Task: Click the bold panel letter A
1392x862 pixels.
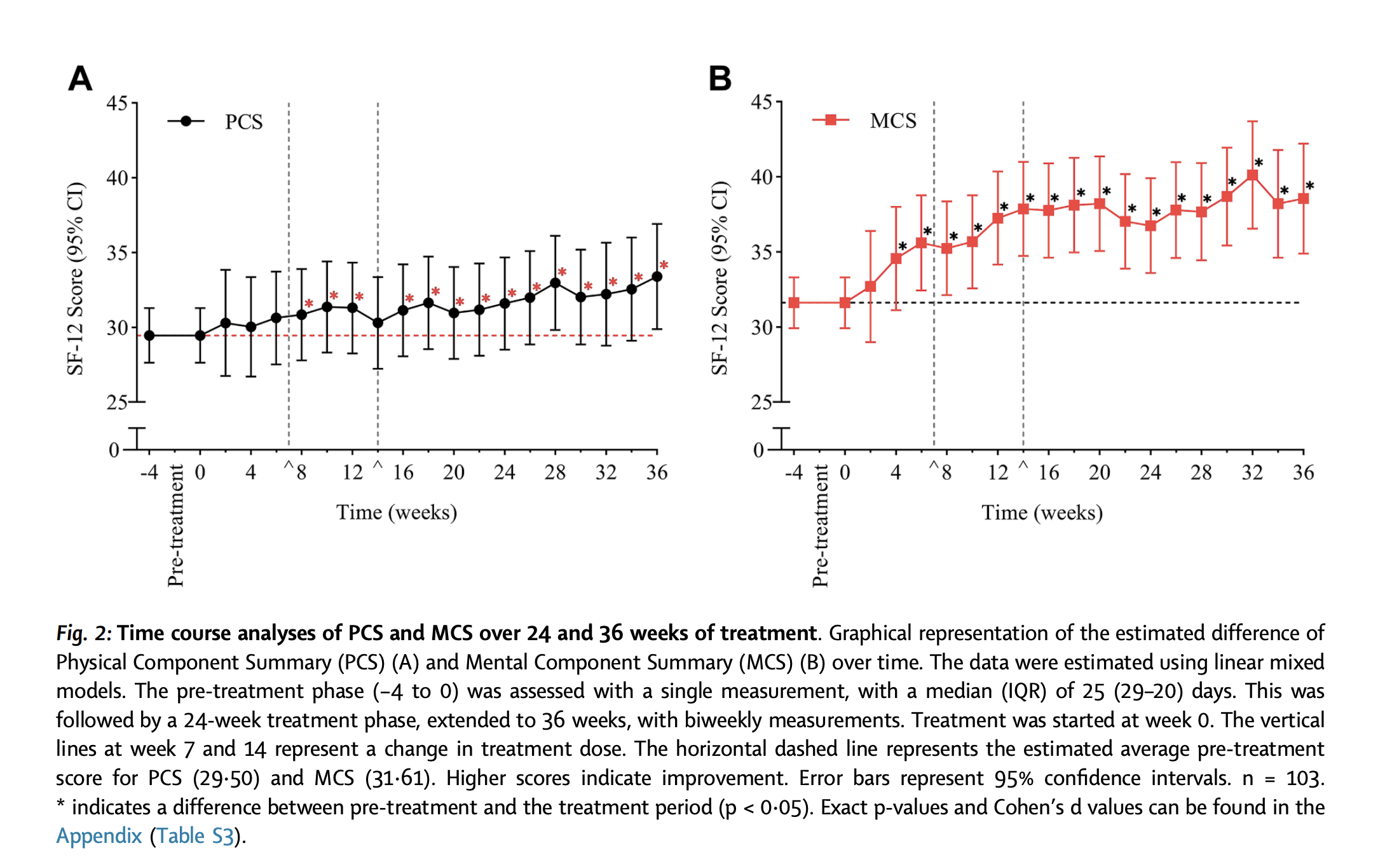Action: [80, 79]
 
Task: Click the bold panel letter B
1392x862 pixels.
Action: [720, 79]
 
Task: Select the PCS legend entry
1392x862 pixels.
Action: [216, 121]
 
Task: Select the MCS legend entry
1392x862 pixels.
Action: [864, 120]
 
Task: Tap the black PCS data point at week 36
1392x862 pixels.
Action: [657, 277]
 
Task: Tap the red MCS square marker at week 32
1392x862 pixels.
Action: [1252, 175]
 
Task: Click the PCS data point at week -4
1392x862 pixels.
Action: [149, 336]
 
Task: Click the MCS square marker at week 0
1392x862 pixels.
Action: [845, 303]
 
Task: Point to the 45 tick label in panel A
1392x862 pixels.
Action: [117, 103]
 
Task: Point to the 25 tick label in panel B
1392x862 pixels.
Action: [761, 402]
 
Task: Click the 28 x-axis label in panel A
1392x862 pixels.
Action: [555, 472]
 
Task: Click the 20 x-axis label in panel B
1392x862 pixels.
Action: [1099, 472]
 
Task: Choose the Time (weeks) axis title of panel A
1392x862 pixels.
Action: [397, 512]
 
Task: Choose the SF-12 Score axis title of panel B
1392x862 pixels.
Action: [719, 278]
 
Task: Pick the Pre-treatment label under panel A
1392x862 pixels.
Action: [175, 525]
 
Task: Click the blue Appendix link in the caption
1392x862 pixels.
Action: [99, 835]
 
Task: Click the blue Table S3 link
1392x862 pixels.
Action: [195, 835]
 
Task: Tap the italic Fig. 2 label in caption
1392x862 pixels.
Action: [83, 633]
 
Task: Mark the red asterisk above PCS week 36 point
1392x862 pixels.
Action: [664, 265]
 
